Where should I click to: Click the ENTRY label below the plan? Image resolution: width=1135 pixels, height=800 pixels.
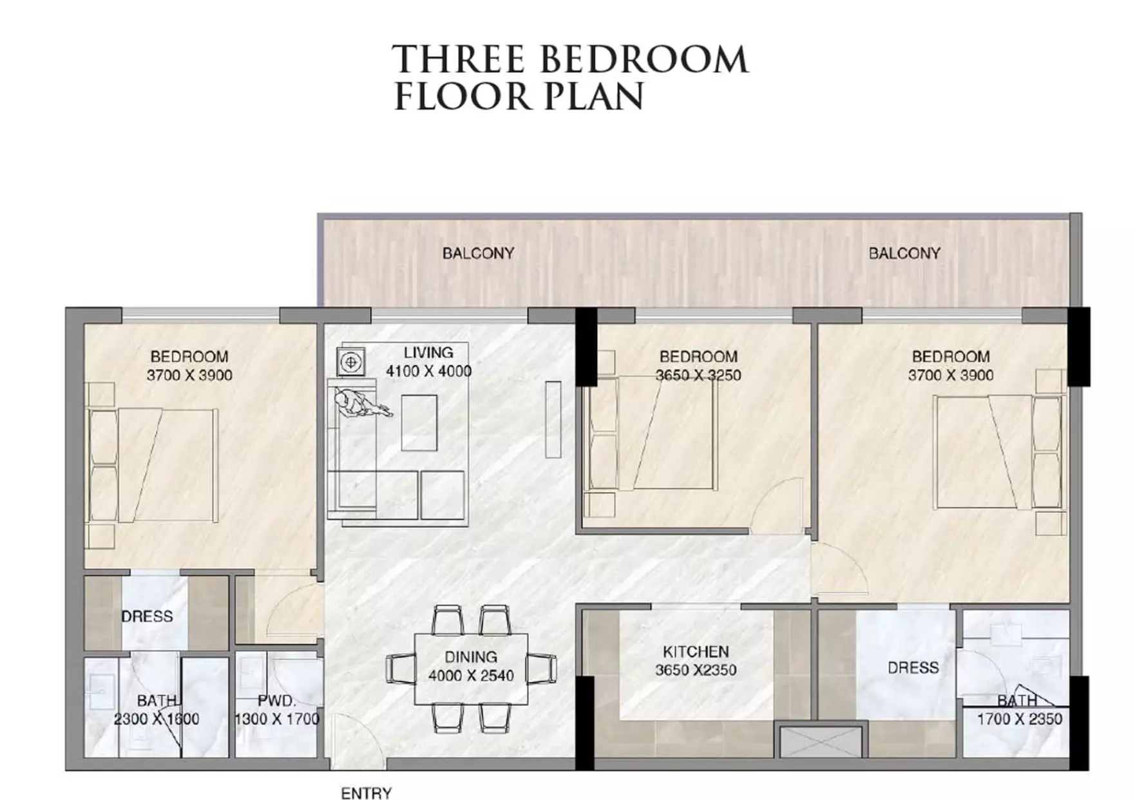click(x=366, y=793)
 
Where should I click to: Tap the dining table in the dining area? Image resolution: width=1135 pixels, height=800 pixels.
click(x=471, y=669)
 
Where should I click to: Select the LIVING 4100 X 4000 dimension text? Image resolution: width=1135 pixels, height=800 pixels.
click(x=428, y=371)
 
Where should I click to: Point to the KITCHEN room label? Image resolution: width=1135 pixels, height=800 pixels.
click(x=696, y=651)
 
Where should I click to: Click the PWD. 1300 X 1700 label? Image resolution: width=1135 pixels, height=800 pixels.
click(x=277, y=710)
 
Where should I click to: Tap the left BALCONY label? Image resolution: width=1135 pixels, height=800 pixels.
click(x=478, y=253)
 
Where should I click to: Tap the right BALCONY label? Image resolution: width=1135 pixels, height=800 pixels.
click(x=904, y=253)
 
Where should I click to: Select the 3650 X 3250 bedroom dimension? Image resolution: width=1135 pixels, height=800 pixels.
click(x=698, y=375)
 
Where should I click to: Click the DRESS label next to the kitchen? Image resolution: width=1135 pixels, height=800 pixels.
click(x=913, y=667)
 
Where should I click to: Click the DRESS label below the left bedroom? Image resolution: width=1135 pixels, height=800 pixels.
click(x=147, y=616)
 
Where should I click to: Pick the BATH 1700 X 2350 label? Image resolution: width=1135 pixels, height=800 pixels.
click(x=1019, y=710)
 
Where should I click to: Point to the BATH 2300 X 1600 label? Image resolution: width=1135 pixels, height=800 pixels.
click(x=157, y=710)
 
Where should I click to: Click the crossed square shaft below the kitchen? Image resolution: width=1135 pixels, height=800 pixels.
click(x=820, y=741)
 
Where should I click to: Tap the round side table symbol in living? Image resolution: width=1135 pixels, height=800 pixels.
click(x=351, y=362)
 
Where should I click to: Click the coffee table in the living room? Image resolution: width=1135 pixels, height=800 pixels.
click(x=419, y=423)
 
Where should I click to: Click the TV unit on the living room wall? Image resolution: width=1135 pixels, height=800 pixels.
click(x=553, y=419)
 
